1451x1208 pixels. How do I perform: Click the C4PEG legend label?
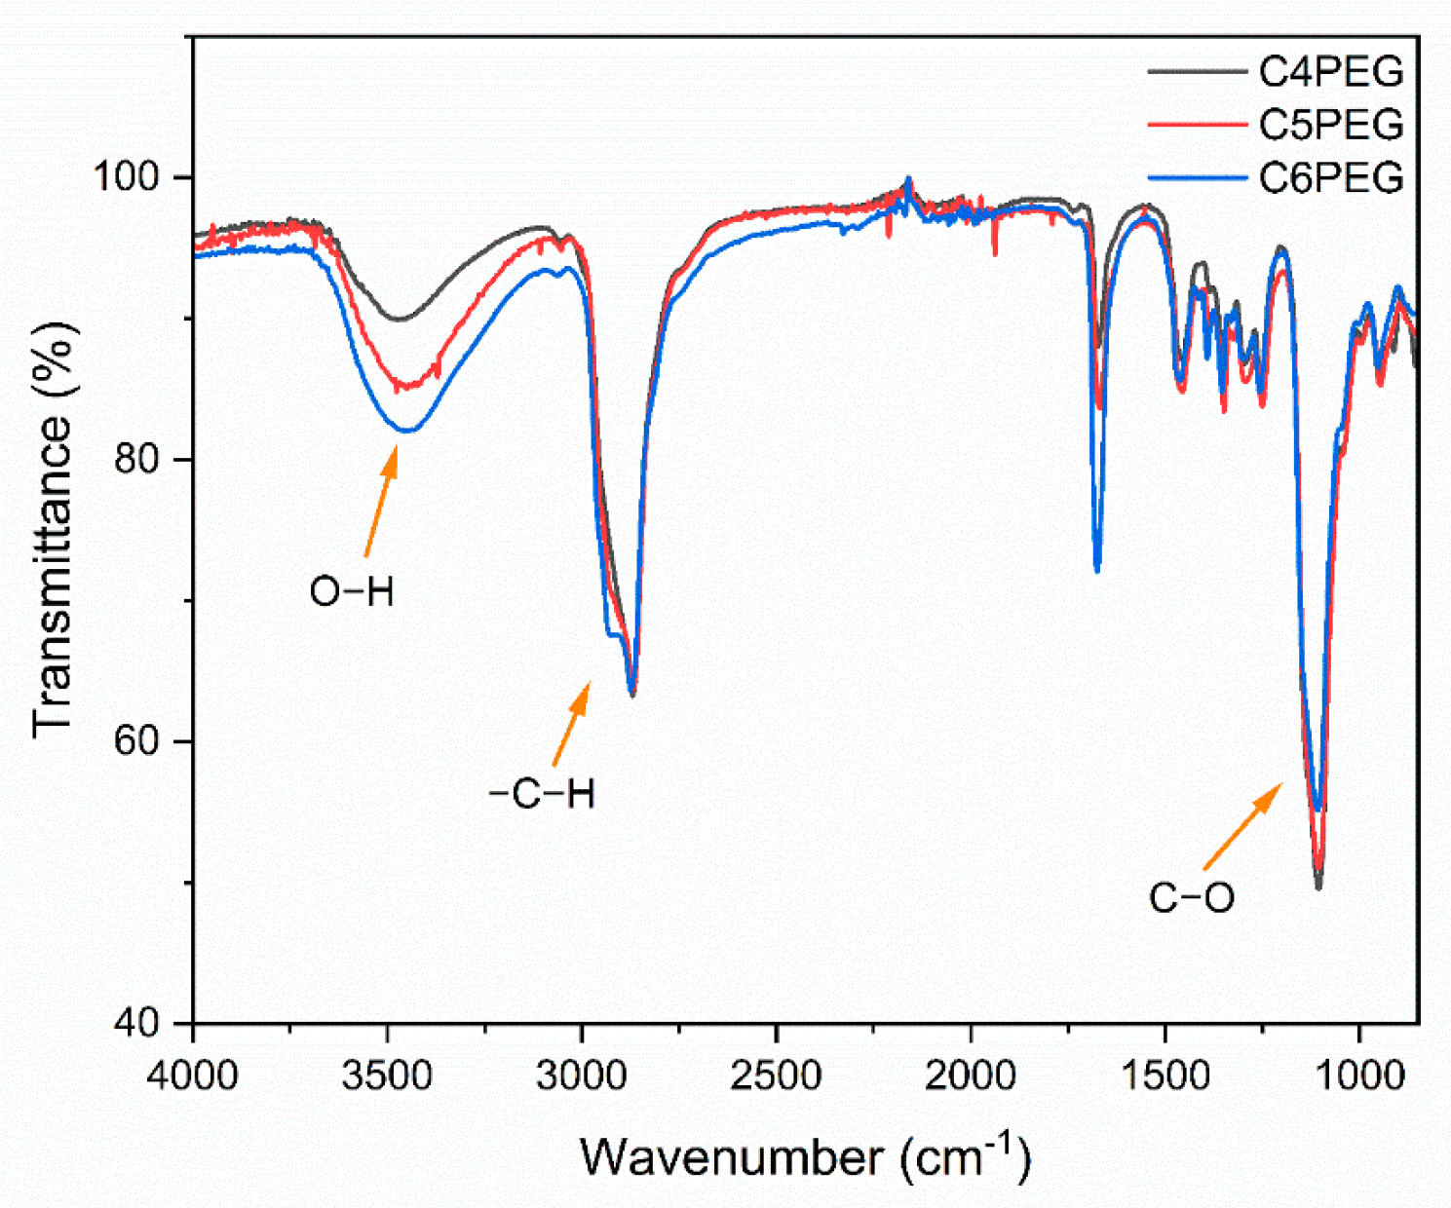pos(1330,71)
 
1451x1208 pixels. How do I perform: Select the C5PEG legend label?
pos(1330,125)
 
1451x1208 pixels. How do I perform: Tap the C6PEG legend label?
pos(1330,177)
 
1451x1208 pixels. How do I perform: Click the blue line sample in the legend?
pos(1197,178)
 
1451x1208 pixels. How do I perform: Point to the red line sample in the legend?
pos(1197,125)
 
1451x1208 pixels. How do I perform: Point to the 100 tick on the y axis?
pos(135,177)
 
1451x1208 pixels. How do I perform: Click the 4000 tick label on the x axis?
pos(194,1076)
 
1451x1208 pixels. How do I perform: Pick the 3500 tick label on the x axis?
pos(388,1076)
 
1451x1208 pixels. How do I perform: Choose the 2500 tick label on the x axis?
pos(777,1076)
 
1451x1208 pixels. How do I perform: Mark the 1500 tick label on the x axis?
pos(1165,1076)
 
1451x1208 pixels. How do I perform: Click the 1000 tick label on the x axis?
pos(1359,1076)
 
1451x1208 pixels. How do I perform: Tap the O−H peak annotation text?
pos(352,591)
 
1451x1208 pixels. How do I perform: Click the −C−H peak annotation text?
pos(542,795)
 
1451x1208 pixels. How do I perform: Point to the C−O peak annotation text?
pos(1191,897)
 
